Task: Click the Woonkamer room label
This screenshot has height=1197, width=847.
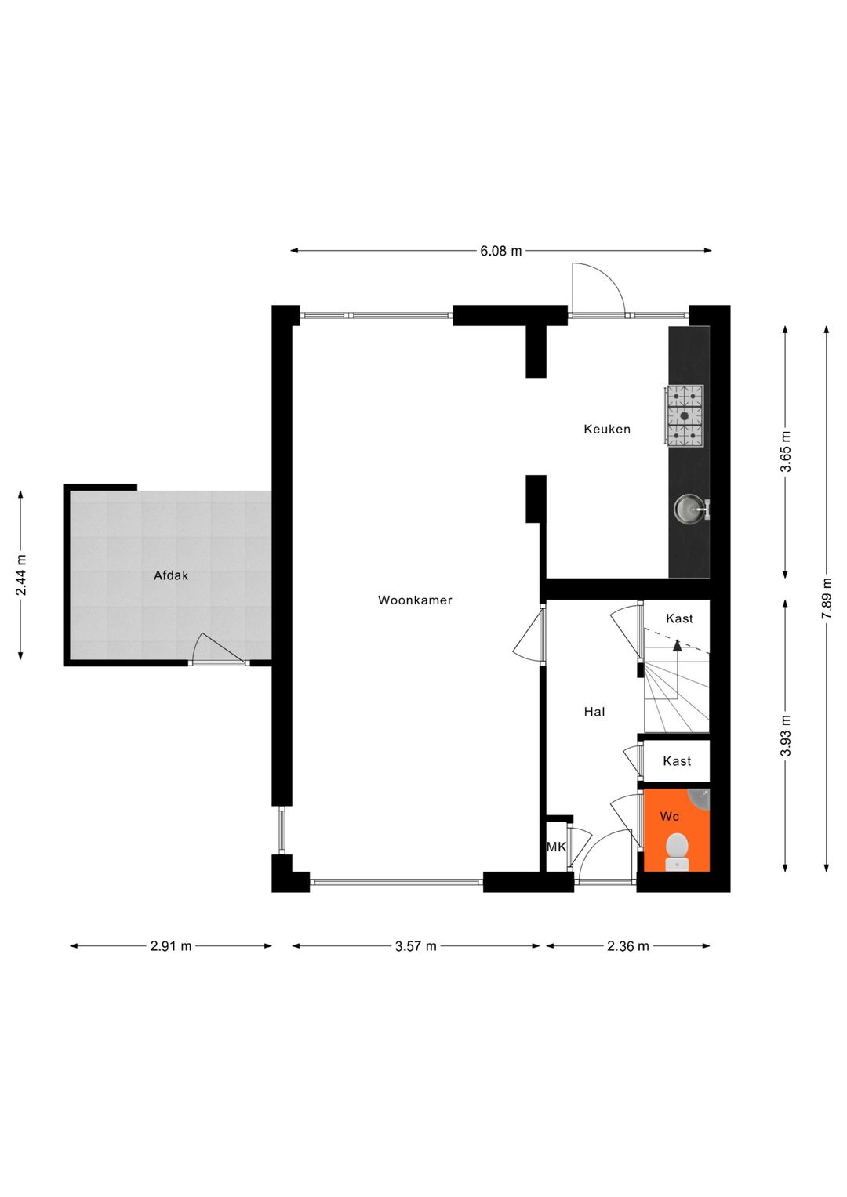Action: pyautogui.click(x=415, y=600)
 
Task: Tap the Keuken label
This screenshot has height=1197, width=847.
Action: pyautogui.click(x=607, y=430)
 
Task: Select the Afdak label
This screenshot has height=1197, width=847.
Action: pyautogui.click(x=171, y=575)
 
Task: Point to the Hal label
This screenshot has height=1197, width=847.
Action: pyautogui.click(x=594, y=712)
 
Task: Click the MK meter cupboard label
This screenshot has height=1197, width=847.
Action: pyautogui.click(x=556, y=847)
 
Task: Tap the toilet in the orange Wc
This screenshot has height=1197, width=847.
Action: pyautogui.click(x=677, y=851)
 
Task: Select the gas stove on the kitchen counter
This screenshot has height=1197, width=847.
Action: pyautogui.click(x=685, y=415)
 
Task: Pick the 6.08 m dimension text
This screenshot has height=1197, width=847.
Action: pyautogui.click(x=501, y=251)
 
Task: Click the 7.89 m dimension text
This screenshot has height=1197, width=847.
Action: pyautogui.click(x=827, y=599)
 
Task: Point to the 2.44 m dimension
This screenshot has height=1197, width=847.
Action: pyautogui.click(x=21, y=575)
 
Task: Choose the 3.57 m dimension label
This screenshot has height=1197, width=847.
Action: pyautogui.click(x=416, y=946)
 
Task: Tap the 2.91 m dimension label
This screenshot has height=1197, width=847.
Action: pyautogui.click(x=171, y=946)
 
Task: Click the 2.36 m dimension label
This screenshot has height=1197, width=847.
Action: pyautogui.click(x=628, y=946)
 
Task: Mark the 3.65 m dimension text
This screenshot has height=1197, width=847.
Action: pyautogui.click(x=786, y=452)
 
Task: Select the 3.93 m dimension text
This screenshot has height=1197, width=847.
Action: pyautogui.click(x=786, y=736)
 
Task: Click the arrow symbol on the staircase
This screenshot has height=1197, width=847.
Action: pyautogui.click(x=678, y=645)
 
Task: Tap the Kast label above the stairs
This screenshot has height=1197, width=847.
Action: pyautogui.click(x=679, y=618)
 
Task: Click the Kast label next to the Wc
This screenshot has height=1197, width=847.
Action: pyautogui.click(x=677, y=761)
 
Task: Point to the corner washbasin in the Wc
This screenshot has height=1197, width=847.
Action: pyautogui.click(x=700, y=797)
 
